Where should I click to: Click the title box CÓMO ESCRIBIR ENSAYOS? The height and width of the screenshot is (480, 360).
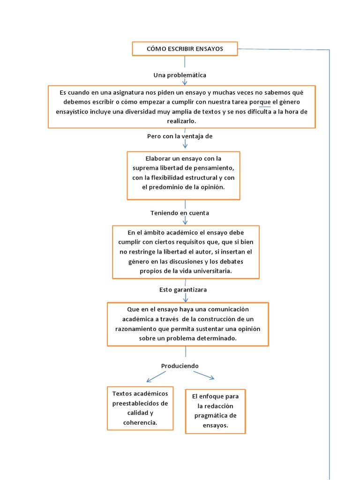tap(185, 49)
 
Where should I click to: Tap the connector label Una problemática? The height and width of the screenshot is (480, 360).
tap(180, 75)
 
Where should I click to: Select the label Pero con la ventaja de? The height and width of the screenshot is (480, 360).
tap(180, 136)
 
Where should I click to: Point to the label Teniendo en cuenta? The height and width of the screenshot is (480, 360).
tap(180, 213)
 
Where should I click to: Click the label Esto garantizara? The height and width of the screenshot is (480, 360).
tap(183, 290)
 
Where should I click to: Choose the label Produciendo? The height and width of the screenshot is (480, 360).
tap(180, 366)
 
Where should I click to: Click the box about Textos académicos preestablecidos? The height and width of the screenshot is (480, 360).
tap(140, 408)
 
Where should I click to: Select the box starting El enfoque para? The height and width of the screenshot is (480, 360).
tap(215, 411)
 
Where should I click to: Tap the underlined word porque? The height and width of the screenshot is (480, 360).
tap(261, 102)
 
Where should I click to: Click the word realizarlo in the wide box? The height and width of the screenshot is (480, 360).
tap(181, 121)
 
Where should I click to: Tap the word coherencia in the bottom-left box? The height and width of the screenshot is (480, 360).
tap(140, 422)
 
